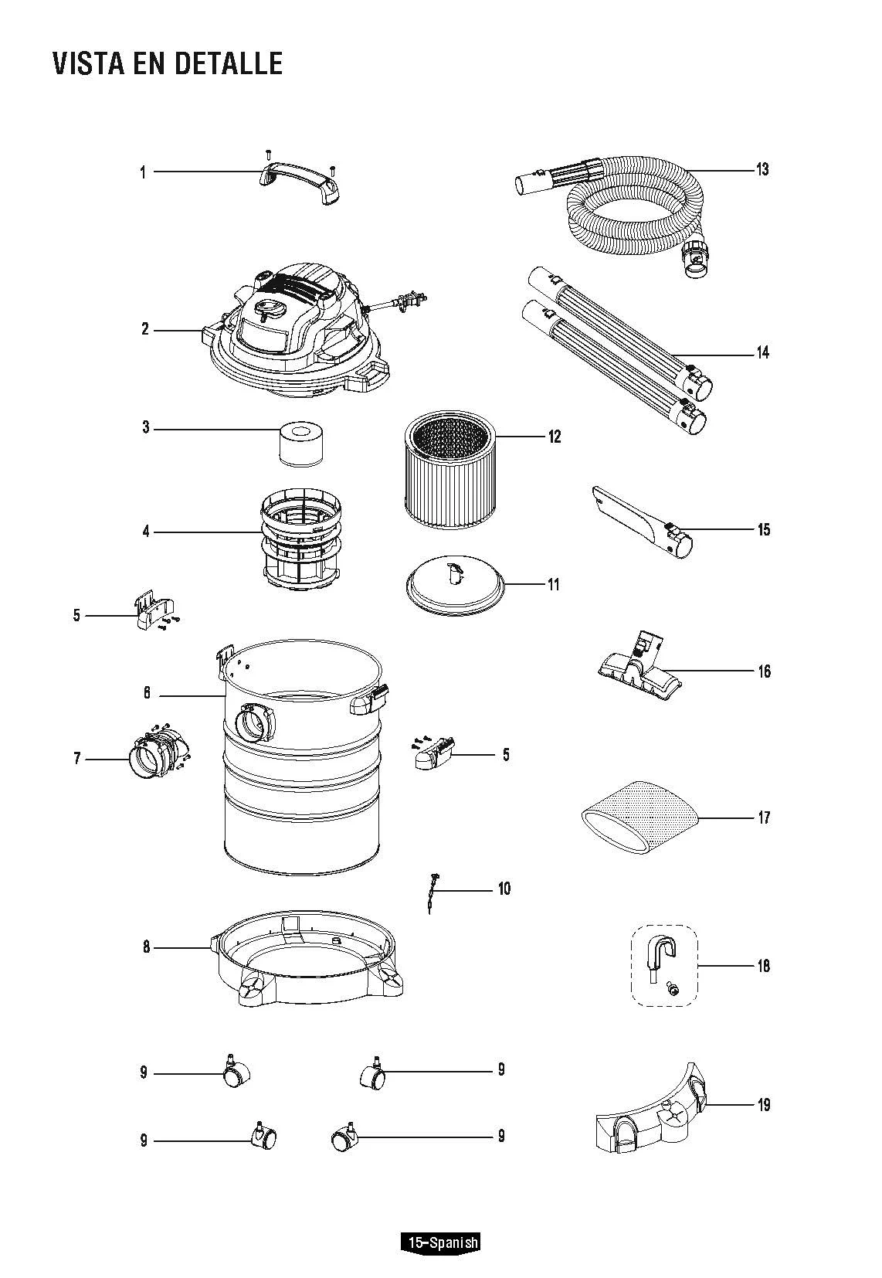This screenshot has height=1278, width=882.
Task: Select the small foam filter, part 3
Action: pyautogui.click(x=300, y=444)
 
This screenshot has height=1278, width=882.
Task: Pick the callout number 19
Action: pyautogui.click(x=763, y=1105)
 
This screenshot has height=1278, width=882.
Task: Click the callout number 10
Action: pyautogui.click(x=504, y=889)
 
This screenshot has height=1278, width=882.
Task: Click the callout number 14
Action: pyautogui.click(x=762, y=353)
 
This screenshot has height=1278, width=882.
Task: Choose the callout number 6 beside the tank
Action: pyautogui.click(x=146, y=693)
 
